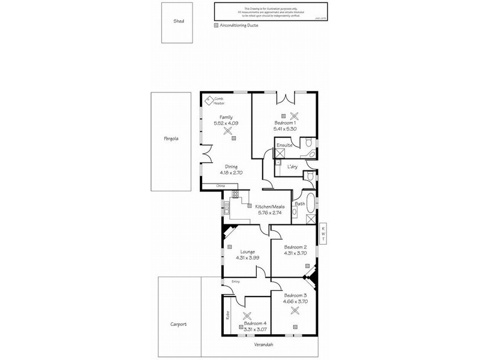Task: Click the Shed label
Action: click(179, 21)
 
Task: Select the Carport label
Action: click(178, 324)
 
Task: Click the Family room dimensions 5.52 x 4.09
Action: click(227, 123)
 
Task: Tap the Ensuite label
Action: click(284, 145)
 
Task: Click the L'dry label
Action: click(293, 166)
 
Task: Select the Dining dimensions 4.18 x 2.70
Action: click(232, 173)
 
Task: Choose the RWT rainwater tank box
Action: click(322, 234)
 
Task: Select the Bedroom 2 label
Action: click(295, 247)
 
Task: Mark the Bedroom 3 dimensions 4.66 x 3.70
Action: click(295, 302)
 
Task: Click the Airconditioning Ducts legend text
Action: click(240, 26)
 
